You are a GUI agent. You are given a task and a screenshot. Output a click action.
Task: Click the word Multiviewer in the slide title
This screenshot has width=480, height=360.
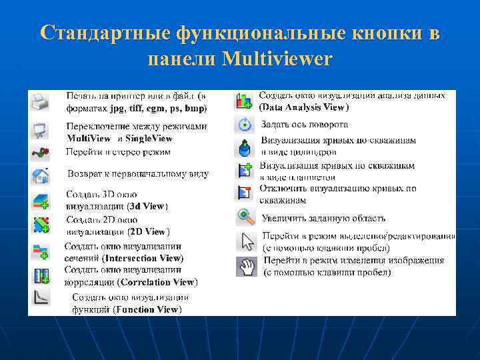point(277,59)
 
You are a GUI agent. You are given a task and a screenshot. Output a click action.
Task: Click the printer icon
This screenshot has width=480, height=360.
point(40,101)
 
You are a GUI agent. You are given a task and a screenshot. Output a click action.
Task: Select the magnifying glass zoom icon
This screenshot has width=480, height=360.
point(246,217)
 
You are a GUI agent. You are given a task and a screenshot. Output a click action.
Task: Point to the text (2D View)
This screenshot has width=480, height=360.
point(149,232)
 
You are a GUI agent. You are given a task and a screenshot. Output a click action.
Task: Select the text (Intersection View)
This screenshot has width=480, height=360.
point(143,257)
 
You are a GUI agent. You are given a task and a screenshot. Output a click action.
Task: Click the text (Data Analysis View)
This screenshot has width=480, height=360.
point(303,107)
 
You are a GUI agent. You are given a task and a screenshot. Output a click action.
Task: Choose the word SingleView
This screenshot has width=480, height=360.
point(149,139)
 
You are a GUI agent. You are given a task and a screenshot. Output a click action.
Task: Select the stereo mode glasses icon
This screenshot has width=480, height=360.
point(40,153)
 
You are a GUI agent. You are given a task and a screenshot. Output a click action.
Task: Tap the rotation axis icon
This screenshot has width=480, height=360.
point(245,124)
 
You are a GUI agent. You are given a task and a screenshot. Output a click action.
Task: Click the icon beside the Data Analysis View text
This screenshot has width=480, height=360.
point(245,101)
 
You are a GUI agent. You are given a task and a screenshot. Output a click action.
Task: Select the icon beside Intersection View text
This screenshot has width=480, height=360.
point(40,251)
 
